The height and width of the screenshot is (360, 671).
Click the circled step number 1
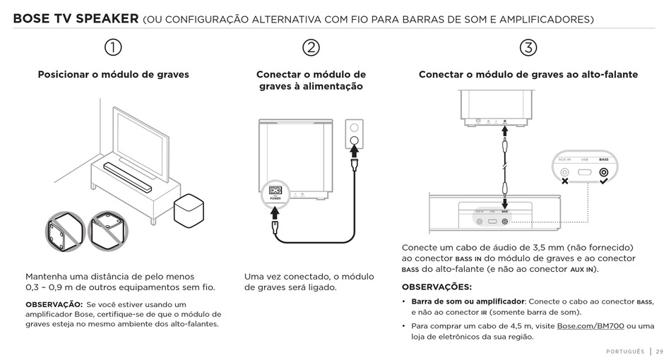click(x=113, y=47)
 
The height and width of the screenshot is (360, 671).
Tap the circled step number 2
click(x=311, y=47)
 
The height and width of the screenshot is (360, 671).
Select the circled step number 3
click(x=528, y=47)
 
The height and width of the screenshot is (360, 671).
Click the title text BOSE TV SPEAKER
click(x=75, y=19)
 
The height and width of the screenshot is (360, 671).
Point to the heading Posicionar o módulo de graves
click(x=113, y=74)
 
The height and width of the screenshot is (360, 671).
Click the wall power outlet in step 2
click(x=355, y=135)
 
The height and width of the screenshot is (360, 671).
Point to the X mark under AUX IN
click(x=564, y=182)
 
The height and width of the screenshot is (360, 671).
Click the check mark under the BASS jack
click(x=603, y=182)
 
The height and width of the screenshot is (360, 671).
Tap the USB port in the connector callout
click(x=584, y=172)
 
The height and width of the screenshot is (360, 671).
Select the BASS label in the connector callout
click(x=603, y=160)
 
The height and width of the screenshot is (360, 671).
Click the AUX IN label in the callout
click(x=564, y=160)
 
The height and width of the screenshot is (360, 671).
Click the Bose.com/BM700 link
click(x=590, y=325)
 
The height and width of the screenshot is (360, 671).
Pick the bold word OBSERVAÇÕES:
click(x=437, y=287)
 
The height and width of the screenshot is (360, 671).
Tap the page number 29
click(x=660, y=351)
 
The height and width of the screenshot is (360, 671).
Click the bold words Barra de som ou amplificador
click(x=468, y=301)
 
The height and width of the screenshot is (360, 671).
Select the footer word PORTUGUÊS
click(x=625, y=351)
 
